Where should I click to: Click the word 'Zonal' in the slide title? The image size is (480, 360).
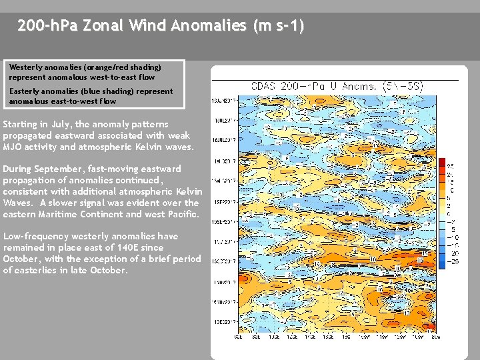click(101, 26)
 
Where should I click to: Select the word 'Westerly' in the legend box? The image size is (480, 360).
click(25, 67)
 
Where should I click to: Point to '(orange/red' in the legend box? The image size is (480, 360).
click(109, 67)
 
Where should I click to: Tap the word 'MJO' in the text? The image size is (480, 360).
click(14, 147)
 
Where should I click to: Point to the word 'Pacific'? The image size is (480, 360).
click(181, 214)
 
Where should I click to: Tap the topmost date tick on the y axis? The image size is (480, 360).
click(221, 100)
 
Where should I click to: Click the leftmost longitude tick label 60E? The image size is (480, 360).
click(238, 338)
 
